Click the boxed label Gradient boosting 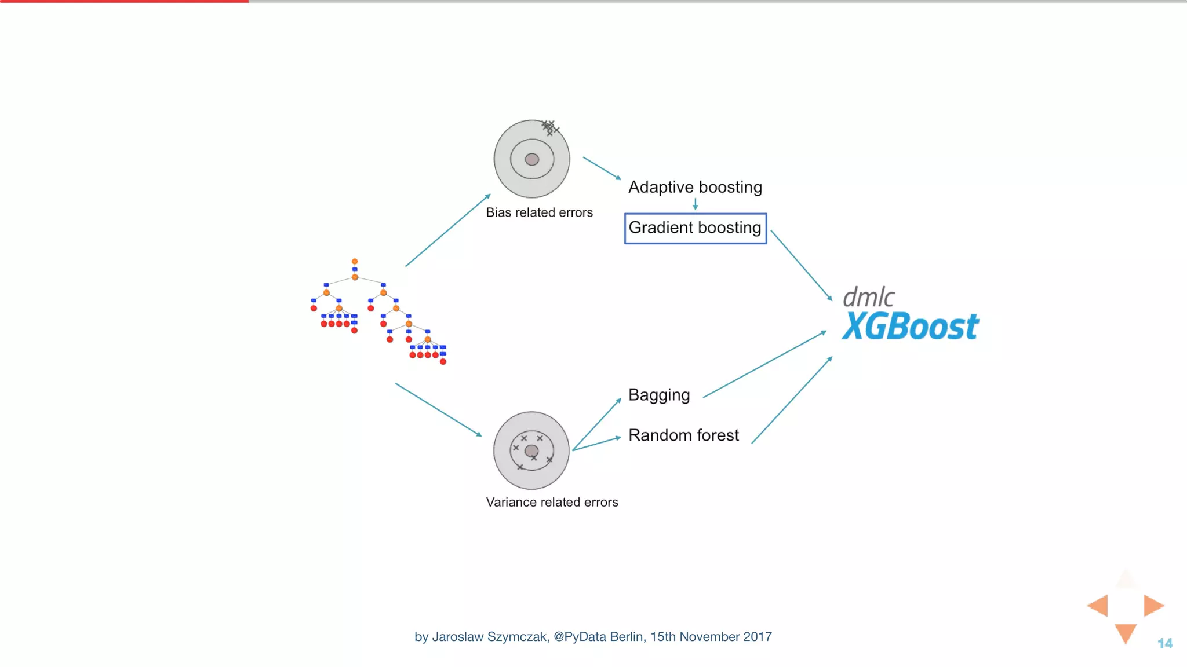pyautogui.click(x=695, y=228)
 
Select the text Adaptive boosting pyautogui.click(x=695, y=187)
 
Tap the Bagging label pyautogui.click(x=659, y=395)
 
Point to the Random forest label pyautogui.click(x=683, y=435)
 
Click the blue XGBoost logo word pyautogui.click(x=910, y=327)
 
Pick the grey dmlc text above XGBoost pyautogui.click(x=868, y=298)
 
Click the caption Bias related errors pyautogui.click(x=539, y=212)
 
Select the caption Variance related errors pyautogui.click(x=552, y=502)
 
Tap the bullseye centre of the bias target pyautogui.click(x=531, y=159)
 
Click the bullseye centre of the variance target pyautogui.click(x=531, y=451)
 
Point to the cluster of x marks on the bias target pyautogui.click(x=549, y=127)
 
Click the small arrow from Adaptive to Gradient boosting pyautogui.click(x=695, y=204)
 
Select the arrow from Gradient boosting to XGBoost pyautogui.click(x=801, y=265)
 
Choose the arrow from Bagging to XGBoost pyautogui.click(x=764, y=365)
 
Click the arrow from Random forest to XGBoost pyautogui.click(x=792, y=400)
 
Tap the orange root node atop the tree pyautogui.click(x=355, y=262)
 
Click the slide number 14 pyautogui.click(x=1165, y=643)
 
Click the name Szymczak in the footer pyautogui.click(x=517, y=637)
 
